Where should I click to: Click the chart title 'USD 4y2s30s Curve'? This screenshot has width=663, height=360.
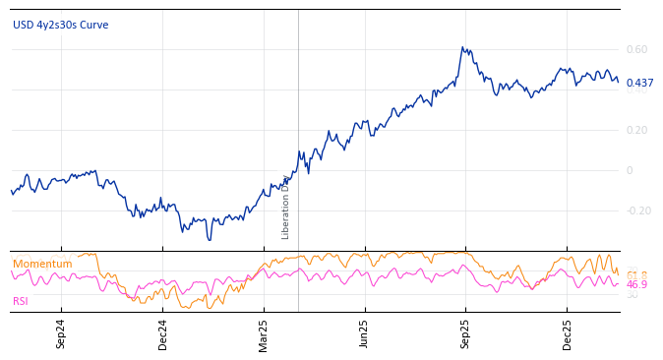click(60, 25)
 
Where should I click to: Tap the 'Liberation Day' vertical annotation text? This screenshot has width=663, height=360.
click(286, 207)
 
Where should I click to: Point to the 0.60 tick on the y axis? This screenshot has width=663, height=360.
click(636, 49)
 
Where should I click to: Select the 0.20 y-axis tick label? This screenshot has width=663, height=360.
click(636, 130)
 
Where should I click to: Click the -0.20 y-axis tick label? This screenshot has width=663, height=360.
click(638, 210)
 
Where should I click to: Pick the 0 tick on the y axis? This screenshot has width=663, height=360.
click(630, 170)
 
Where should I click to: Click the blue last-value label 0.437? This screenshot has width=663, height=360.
click(639, 84)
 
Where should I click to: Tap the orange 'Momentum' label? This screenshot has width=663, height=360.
click(42, 264)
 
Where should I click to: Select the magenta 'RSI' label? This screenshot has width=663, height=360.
click(21, 301)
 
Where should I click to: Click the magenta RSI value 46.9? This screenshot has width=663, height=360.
click(636, 285)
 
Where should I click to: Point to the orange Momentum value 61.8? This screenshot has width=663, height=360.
click(636, 274)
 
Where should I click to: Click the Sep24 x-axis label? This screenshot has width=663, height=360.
click(61, 334)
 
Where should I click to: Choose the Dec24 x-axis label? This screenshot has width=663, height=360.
click(162, 334)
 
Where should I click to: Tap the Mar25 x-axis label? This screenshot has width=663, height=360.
click(264, 334)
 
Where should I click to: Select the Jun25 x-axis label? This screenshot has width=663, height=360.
click(364, 334)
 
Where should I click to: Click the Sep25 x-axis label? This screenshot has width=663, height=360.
click(465, 334)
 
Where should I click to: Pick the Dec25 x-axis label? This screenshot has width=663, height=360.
click(567, 334)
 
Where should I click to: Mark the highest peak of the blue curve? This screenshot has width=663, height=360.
click(461, 47)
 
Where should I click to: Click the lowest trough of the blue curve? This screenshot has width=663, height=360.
click(209, 239)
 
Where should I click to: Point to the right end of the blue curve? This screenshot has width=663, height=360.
click(618, 82)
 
